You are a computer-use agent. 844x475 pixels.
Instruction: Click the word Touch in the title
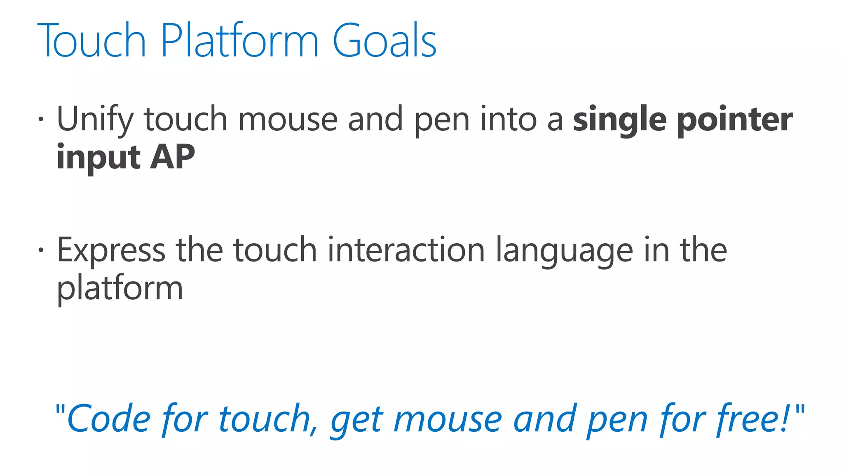pyautogui.click(x=91, y=40)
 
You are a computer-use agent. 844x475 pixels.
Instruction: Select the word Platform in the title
pyautogui.click(x=239, y=40)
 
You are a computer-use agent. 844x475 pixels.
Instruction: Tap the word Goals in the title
pyautogui.click(x=384, y=40)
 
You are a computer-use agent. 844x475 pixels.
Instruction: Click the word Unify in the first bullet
pyautogui.click(x=94, y=120)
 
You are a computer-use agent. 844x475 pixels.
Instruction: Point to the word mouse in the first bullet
pyautogui.click(x=288, y=120)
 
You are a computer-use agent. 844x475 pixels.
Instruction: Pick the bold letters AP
pyautogui.click(x=172, y=158)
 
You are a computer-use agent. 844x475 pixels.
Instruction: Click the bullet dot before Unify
pyautogui.click(x=40, y=120)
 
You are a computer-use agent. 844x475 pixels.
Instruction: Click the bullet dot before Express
pyautogui.click(x=40, y=250)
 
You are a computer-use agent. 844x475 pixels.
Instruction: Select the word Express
pyautogui.click(x=111, y=251)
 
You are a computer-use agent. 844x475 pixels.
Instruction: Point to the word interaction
pyautogui.click(x=406, y=250)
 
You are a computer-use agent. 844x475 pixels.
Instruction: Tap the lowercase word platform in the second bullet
pyautogui.click(x=120, y=289)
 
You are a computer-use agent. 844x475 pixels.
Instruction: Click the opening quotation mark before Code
pyautogui.click(x=60, y=410)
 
